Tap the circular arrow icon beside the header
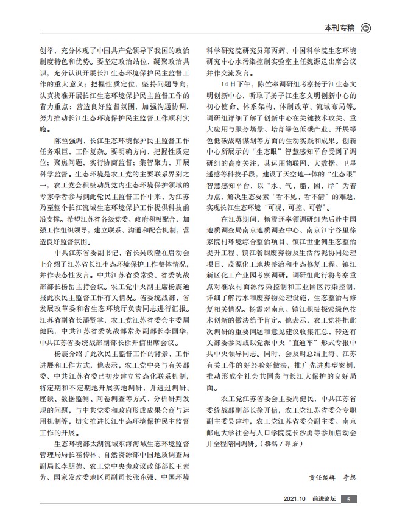click(365, 27)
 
